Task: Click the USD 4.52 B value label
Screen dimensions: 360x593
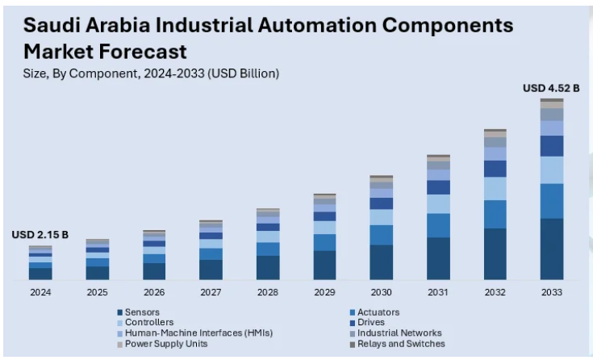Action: (x=551, y=88)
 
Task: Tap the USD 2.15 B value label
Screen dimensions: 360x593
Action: (x=40, y=234)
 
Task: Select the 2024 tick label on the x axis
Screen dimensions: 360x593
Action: (x=40, y=291)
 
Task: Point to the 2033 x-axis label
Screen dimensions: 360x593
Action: (x=551, y=291)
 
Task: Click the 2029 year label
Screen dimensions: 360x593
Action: (x=324, y=291)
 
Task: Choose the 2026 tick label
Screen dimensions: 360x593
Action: (x=154, y=291)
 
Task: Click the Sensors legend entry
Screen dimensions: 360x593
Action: (x=142, y=312)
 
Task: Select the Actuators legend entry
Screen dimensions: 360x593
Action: (x=378, y=312)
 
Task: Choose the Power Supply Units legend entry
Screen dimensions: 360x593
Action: (x=165, y=343)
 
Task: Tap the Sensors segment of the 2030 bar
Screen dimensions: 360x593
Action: (x=381, y=262)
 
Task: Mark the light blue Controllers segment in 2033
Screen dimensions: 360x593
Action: (x=551, y=170)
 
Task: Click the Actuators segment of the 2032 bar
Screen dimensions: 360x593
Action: (x=495, y=214)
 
